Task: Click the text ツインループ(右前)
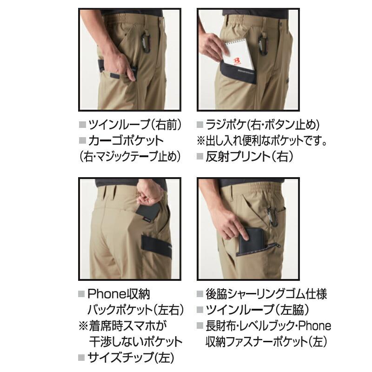[x=135, y=125]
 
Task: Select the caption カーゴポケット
[x=125, y=140]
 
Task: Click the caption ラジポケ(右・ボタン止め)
[x=263, y=125]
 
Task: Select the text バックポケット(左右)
[x=135, y=310]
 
